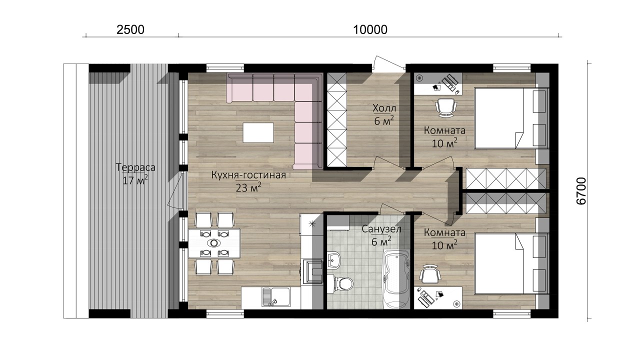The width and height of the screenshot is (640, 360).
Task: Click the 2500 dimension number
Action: click(130, 29)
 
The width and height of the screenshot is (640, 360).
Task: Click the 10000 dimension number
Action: click(370, 29)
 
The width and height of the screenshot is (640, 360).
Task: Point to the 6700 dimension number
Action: click(581, 191)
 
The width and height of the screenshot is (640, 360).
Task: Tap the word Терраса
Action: click(135, 167)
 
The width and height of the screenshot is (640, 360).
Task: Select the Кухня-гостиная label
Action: click(248, 174)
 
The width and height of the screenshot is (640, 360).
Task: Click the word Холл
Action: click(384, 108)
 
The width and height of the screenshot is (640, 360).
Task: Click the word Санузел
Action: click(381, 229)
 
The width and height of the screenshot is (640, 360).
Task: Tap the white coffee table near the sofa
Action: click(258, 132)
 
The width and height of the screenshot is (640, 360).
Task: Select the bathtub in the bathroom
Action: click(395, 279)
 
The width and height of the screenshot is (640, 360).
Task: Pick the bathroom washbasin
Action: click(333, 260)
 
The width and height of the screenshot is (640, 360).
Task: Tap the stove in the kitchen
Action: click(311, 271)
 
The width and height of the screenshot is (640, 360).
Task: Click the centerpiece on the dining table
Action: click(213, 243)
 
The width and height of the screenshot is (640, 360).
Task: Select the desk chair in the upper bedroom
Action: click(445, 107)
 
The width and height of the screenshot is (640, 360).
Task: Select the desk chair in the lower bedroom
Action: click(430, 274)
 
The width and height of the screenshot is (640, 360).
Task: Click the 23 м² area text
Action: click(248, 187)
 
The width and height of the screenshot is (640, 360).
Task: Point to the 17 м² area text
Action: click(135, 180)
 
